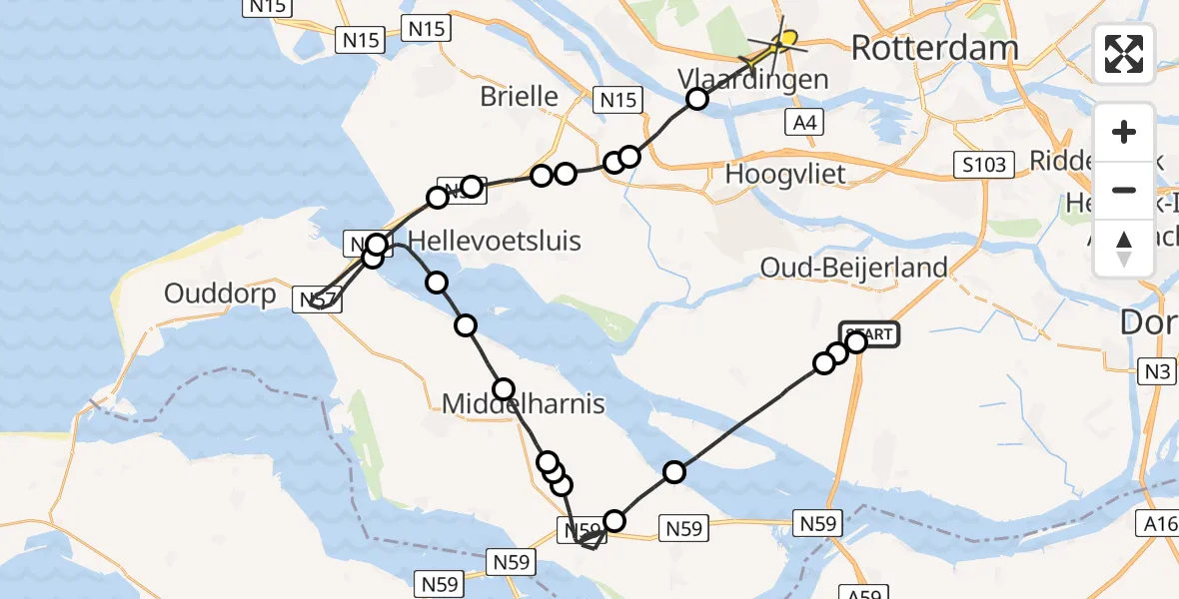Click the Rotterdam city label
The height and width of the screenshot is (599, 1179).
click(x=934, y=48)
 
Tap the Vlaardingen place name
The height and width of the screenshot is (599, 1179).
click(x=752, y=79)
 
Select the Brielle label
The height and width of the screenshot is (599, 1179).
click(x=519, y=96)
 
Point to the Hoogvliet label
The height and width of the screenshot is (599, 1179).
click(x=785, y=174)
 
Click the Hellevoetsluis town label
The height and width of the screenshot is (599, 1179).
click(x=495, y=241)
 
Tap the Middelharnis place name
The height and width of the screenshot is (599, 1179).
click(x=524, y=403)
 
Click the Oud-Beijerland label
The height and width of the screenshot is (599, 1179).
click(x=853, y=268)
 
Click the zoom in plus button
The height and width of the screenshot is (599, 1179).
click(x=1124, y=132)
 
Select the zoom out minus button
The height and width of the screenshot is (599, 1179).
click(x=1124, y=190)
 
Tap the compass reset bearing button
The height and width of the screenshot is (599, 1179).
click(x=1124, y=248)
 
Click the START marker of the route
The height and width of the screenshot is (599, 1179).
click(x=871, y=334)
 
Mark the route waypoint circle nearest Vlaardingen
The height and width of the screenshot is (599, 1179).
click(x=697, y=99)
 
